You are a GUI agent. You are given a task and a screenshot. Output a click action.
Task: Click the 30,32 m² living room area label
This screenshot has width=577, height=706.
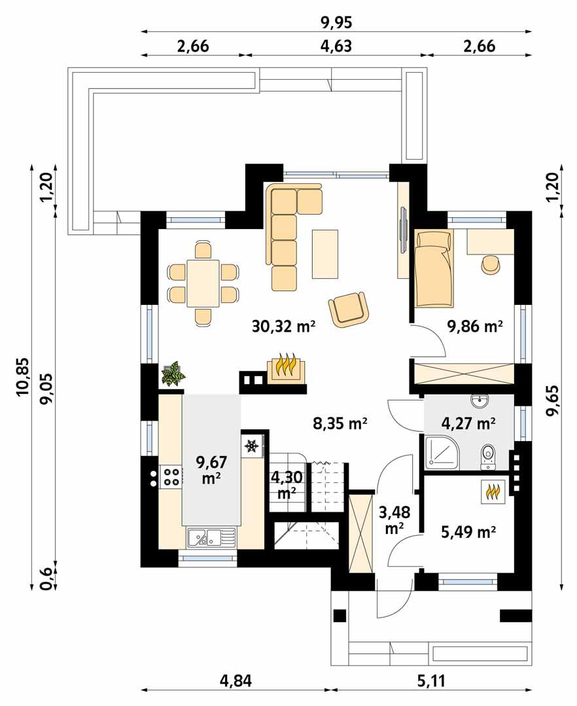point(283,326)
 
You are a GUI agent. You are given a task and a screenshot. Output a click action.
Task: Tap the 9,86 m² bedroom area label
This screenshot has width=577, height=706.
point(474,326)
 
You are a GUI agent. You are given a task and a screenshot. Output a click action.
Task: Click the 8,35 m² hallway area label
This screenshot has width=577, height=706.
point(340,423)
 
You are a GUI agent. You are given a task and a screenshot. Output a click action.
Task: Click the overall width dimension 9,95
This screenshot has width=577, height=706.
point(336,23)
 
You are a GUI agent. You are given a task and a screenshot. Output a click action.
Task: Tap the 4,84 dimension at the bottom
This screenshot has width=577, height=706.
point(236,681)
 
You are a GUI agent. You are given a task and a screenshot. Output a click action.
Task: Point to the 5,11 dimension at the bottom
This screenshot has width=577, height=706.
point(431,681)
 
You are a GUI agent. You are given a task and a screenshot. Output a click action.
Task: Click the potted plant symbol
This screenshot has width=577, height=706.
point(173,374)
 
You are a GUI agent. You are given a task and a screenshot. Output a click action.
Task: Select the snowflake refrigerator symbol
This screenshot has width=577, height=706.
point(251,447)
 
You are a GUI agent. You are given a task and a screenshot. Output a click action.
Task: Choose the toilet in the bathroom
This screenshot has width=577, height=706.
point(488,455)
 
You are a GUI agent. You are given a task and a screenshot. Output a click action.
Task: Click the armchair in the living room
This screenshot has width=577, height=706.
point(349,308)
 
